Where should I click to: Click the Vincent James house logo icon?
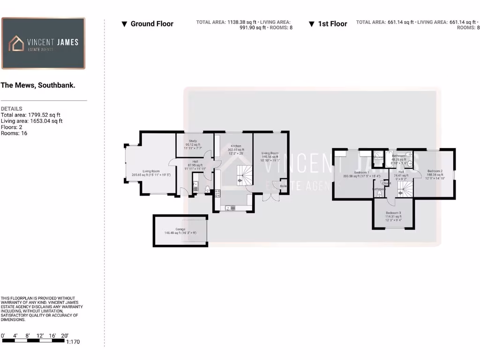point(17,44)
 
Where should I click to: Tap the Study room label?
point(193,141)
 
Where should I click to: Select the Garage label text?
point(180,230)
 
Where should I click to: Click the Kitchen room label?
point(235,146)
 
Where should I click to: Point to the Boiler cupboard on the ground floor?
point(283,187)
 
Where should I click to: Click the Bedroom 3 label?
point(393,213)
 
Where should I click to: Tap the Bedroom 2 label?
point(435,172)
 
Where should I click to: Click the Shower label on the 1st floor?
point(378,157)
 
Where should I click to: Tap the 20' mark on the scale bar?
point(65,336)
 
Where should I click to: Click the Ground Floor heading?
point(151,24)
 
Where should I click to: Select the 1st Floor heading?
point(332,24)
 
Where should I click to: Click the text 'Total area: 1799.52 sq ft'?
point(31,115)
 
